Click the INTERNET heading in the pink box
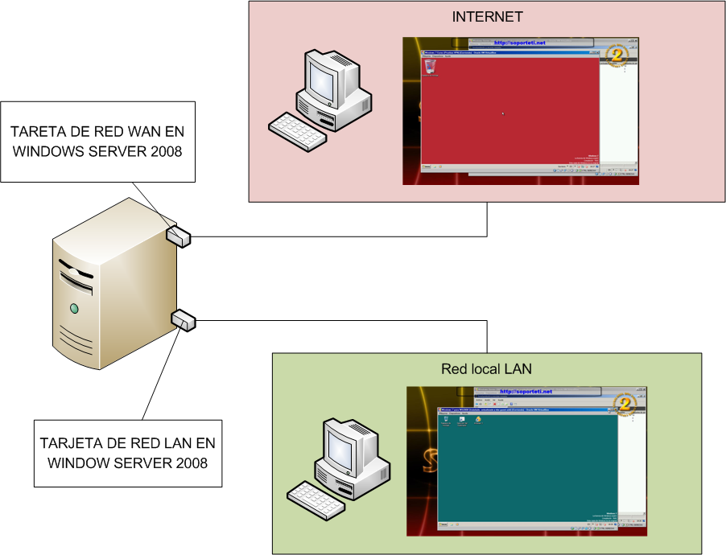[x=487, y=16]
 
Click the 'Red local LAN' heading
[x=486, y=369]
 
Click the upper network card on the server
[x=179, y=234]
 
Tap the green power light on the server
[x=74, y=308]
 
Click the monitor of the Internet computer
[x=323, y=78]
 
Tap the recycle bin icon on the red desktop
[x=429, y=68]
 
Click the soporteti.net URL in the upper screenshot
[x=520, y=43]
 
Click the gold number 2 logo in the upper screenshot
[x=617, y=55]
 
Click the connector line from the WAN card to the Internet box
[x=338, y=236]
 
